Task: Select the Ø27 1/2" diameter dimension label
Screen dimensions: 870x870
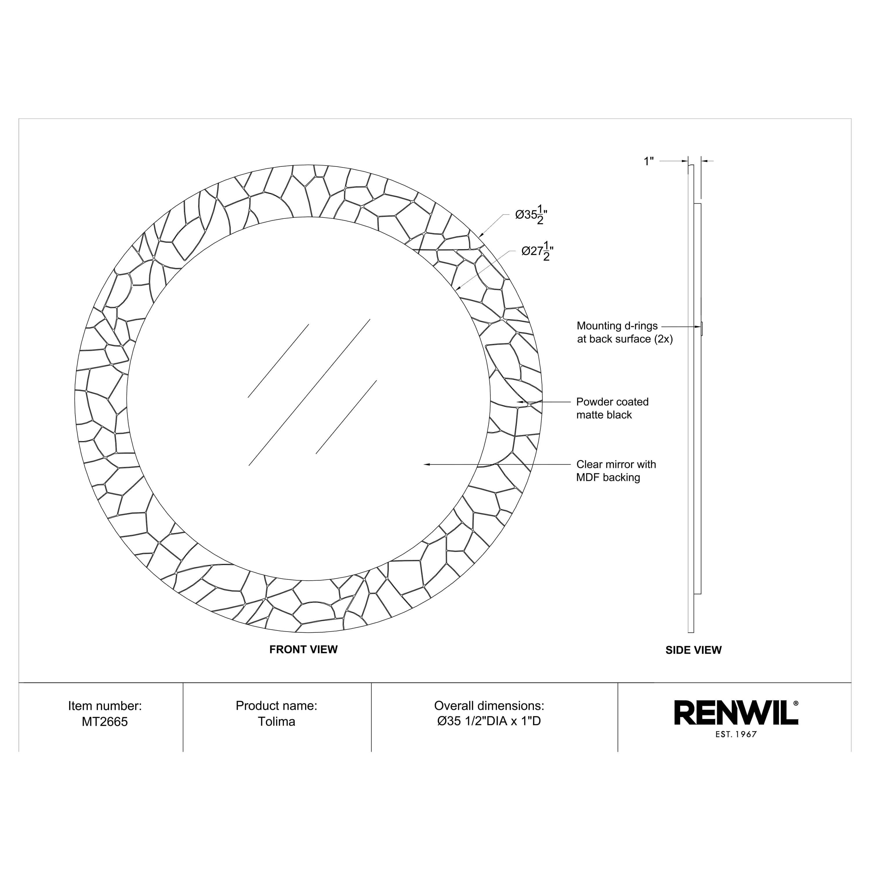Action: click(x=537, y=252)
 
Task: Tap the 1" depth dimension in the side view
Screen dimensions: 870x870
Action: click(x=648, y=161)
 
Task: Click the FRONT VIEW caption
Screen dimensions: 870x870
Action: click(x=304, y=649)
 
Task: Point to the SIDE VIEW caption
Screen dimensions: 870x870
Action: click(x=693, y=650)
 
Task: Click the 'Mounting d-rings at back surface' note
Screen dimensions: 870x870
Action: click(x=625, y=332)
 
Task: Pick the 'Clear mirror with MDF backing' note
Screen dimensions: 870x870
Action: click(x=616, y=471)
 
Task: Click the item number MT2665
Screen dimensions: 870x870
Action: click(x=105, y=722)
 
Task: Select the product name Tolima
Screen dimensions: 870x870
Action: click(x=276, y=722)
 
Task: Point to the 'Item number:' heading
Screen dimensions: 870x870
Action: click(x=105, y=706)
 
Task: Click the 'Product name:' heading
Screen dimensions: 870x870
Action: click(x=276, y=706)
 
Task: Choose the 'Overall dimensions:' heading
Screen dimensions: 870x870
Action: click(x=489, y=706)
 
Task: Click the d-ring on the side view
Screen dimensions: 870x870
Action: click(x=702, y=328)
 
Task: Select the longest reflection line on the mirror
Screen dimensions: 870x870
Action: click(x=309, y=392)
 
